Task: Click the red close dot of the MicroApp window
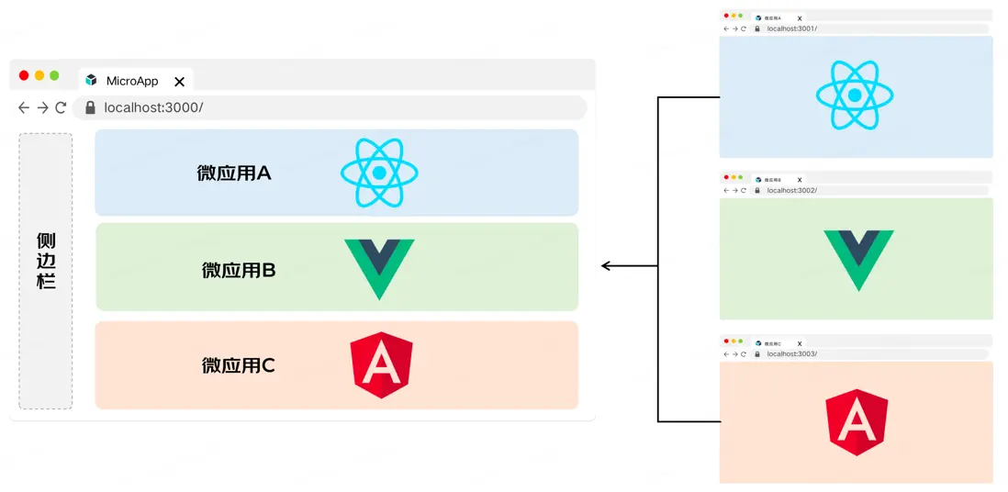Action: click(x=24, y=75)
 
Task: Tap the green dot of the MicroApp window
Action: click(x=54, y=75)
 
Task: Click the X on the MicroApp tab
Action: click(x=180, y=82)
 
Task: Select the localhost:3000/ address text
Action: click(x=153, y=107)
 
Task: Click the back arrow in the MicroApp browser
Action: click(x=24, y=107)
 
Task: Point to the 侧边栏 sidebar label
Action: click(x=46, y=261)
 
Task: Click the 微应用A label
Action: click(x=234, y=173)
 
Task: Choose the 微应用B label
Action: click(x=239, y=270)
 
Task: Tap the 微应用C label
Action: click(x=239, y=365)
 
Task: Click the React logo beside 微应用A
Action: click(x=379, y=173)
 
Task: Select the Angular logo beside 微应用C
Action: click(x=381, y=364)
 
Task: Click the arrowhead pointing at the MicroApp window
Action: click(x=607, y=266)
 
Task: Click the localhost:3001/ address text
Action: click(x=791, y=28)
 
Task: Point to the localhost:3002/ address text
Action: click(x=791, y=190)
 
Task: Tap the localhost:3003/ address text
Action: click(x=791, y=353)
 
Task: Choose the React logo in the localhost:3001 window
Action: click(x=855, y=95)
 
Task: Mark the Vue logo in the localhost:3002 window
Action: click(x=857, y=260)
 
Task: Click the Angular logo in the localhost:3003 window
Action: click(x=857, y=421)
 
